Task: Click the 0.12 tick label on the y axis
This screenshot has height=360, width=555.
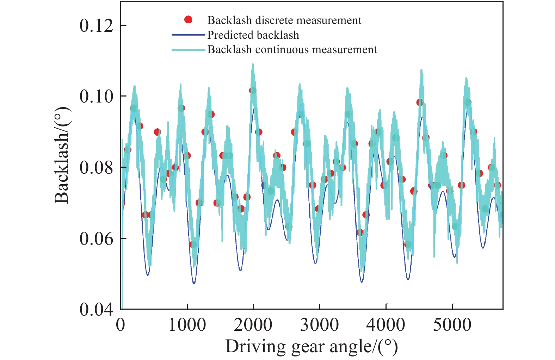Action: point(96,25)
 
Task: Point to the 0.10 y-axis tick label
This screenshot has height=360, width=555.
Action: point(96,96)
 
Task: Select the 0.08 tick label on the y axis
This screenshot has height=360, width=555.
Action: point(96,167)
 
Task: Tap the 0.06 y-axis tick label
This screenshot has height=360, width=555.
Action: point(96,238)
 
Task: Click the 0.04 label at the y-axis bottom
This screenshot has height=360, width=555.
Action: point(96,309)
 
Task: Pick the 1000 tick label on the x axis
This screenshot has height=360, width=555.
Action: point(187,325)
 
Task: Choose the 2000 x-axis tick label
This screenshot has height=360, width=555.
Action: point(253,325)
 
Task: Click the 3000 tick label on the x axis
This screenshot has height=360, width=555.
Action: point(319,325)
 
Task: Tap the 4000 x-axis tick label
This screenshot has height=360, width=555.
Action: point(386,325)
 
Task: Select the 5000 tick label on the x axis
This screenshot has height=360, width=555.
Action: point(452,325)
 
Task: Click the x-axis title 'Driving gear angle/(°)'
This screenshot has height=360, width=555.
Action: point(312,347)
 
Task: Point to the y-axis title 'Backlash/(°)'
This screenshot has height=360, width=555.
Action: point(62,156)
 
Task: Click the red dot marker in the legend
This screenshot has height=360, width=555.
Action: point(189,20)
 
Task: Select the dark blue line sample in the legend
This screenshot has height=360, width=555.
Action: point(188,35)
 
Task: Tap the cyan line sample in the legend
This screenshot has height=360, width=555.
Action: point(188,50)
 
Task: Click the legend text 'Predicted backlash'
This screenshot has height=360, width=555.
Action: point(253,35)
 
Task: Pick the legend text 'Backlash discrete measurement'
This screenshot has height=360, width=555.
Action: point(284,20)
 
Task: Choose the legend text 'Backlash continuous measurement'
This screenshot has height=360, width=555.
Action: point(292,50)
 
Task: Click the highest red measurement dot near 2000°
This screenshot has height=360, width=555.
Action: point(253,91)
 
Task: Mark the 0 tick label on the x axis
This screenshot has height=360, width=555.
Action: point(121,325)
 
